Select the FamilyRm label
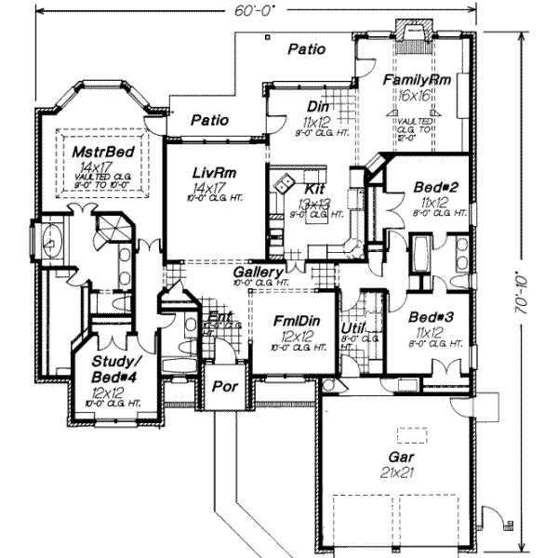pos(418,81)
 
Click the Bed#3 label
pos(431,316)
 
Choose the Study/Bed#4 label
pos(108,368)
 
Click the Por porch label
pos(222,385)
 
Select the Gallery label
pos(258,271)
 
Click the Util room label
pos(353,327)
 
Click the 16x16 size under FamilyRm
pos(415,96)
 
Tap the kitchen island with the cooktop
pos(286,182)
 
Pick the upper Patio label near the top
pos(306,48)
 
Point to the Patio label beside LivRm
pos(210,119)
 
